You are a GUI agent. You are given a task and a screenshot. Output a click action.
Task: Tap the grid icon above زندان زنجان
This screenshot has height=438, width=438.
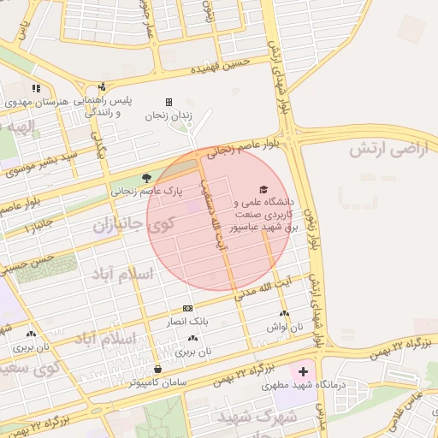point(169,102)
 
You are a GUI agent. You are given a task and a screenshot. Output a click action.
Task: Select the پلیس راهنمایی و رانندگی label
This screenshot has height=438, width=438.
point(109,106)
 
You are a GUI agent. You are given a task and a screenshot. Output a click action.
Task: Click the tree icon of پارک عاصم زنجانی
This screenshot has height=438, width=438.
point(148,178)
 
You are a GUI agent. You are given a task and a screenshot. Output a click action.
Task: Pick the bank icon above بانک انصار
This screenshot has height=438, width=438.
point(188,308)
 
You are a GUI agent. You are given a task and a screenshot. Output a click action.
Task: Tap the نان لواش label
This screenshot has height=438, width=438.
point(285,327)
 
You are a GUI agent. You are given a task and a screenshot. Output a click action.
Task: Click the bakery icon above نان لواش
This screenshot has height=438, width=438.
point(285,314)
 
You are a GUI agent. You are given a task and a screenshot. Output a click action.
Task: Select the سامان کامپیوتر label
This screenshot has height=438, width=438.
point(158,382)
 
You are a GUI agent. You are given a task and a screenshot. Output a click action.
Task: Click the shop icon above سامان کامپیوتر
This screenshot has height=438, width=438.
point(158,369)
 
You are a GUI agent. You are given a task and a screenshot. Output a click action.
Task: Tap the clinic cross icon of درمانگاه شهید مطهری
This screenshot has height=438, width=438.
point(302,373)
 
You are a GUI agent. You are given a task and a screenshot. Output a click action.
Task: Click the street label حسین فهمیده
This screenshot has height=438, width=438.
point(220,65)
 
